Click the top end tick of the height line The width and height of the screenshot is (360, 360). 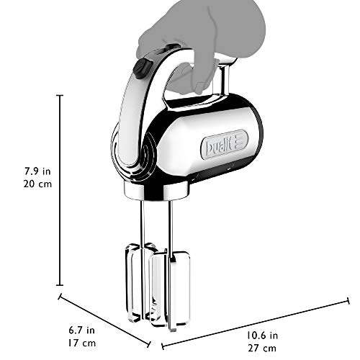(x=59, y=94)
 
